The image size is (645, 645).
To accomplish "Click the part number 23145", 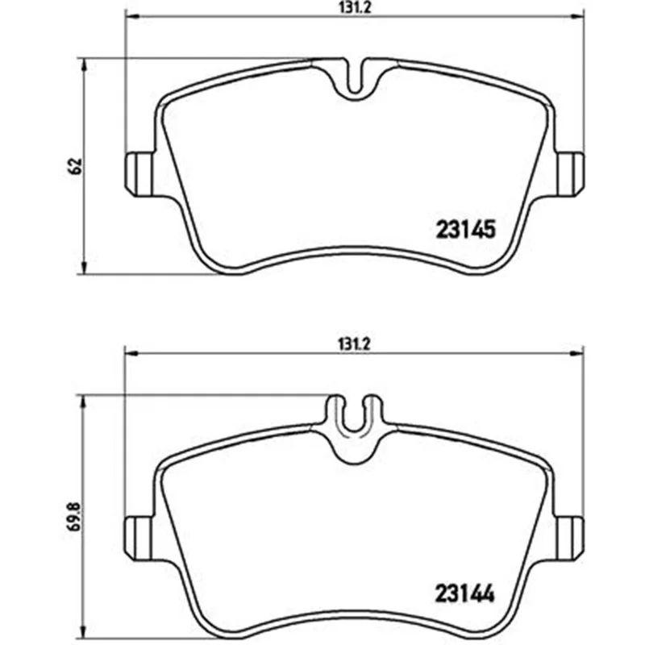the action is click(x=465, y=229).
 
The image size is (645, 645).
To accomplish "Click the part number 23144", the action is click(x=465, y=593).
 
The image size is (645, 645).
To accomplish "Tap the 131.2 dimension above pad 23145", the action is click(x=355, y=8).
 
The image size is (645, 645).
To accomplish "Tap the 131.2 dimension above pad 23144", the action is click(x=355, y=344).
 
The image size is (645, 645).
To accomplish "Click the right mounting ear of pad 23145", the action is click(x=570, y=174).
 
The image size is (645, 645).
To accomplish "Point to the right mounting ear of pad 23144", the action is click(x=570, y=538).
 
